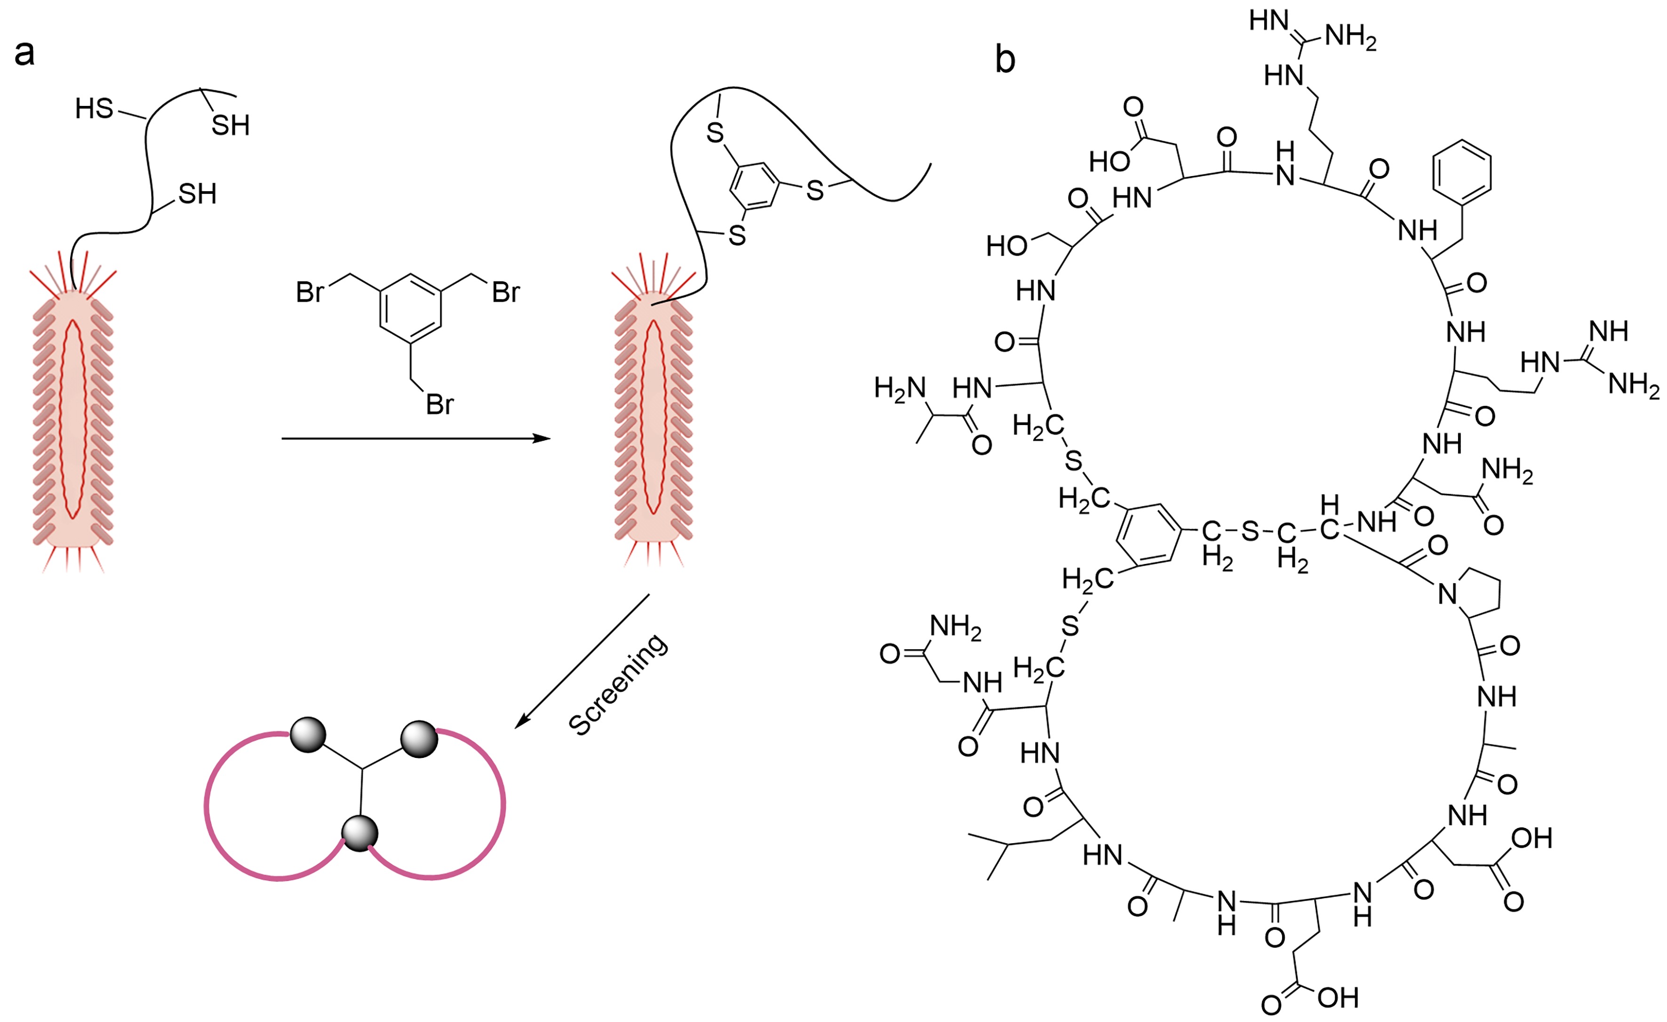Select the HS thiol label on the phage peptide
coord(94,108)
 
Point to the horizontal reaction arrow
coord(415,439)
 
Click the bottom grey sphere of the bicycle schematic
coord(359,833)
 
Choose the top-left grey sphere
coord(308,734)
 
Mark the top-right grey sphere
coord(420,739)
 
